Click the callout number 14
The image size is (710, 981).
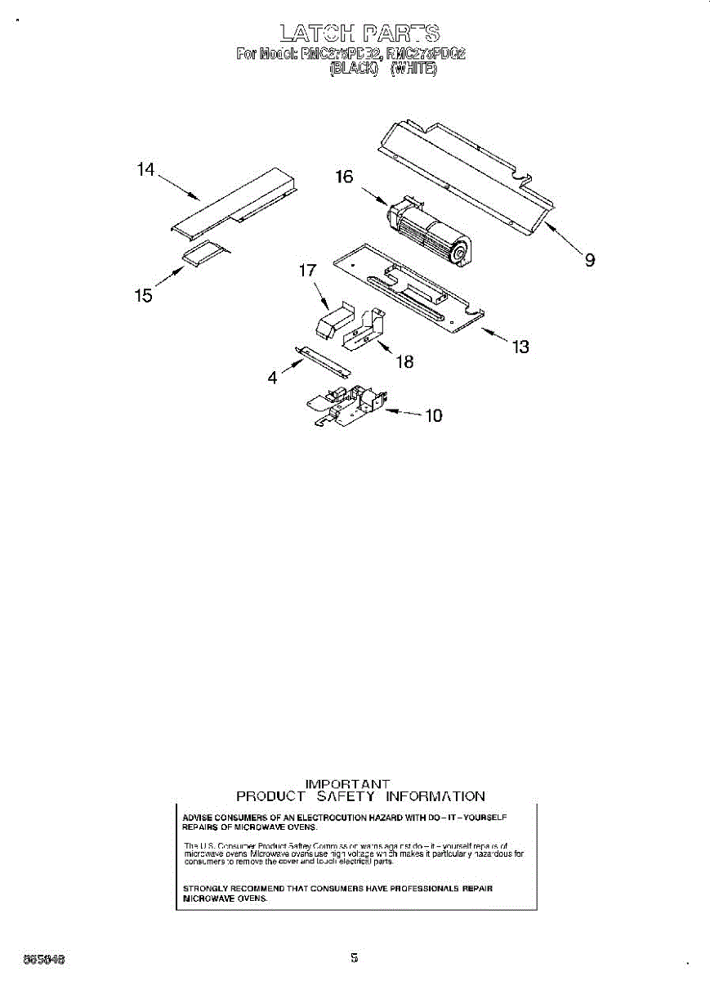145,169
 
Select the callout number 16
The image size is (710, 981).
344,177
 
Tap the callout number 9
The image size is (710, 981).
589,260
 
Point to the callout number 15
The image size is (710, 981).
144,295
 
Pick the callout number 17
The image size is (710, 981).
307,271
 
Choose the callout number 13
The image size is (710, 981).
520,347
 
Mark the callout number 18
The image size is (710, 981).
404,361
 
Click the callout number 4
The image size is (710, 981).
273,378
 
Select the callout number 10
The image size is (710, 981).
434,415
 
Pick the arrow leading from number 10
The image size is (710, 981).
400,413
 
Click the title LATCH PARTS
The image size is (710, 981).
359,33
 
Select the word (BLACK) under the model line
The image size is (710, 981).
353,70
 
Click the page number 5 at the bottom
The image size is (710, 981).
355,956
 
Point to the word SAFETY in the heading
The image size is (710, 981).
346,796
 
